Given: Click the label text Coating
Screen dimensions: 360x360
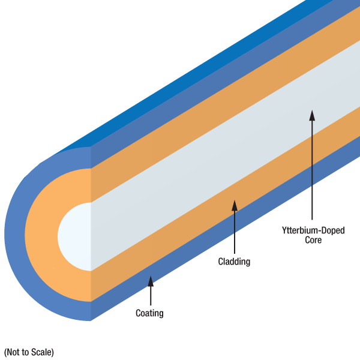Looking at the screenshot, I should point(149,313).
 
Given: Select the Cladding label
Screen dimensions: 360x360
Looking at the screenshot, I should point(234,262).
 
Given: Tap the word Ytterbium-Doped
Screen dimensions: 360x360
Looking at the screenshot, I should point(313,230).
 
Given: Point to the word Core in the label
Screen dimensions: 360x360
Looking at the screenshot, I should point(313,240).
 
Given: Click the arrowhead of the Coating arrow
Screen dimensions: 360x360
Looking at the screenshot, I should point(150,280).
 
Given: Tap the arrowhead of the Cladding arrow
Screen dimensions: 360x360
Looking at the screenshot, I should point(235,206).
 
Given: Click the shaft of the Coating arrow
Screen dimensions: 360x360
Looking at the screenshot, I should point(150,295).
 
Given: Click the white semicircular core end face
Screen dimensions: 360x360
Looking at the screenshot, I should point(75,236).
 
